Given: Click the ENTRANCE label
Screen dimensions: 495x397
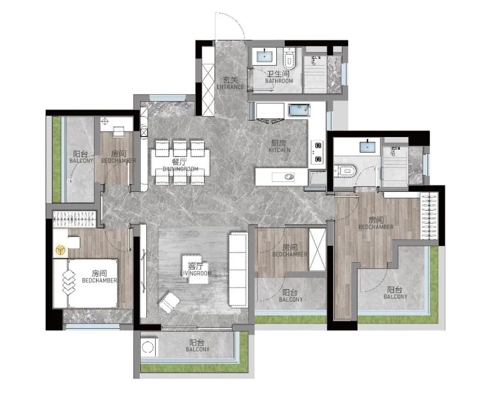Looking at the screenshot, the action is point(230,87).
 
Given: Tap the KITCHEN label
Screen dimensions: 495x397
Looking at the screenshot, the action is point(280,150).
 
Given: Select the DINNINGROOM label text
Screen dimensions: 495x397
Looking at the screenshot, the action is point(181,169).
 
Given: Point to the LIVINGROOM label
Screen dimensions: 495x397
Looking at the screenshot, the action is point(196,273).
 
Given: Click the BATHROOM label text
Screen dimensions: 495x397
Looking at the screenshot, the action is point(279,81).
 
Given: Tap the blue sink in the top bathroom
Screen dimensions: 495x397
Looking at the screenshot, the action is point(264,56).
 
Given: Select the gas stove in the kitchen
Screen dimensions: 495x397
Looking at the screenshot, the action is point(317,152).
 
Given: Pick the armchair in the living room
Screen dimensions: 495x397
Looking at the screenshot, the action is point(169,303).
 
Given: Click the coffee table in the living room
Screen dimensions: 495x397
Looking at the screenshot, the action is point(196,269).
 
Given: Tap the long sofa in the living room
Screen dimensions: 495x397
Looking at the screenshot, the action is point(237,269).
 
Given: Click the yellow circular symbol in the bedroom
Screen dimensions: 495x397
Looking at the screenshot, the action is point(60,251).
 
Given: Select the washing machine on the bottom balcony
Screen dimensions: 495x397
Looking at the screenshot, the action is point(148,347).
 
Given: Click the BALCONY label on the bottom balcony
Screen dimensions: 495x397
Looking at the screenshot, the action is point(198,349).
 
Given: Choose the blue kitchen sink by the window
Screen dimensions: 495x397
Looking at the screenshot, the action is point(299,110).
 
